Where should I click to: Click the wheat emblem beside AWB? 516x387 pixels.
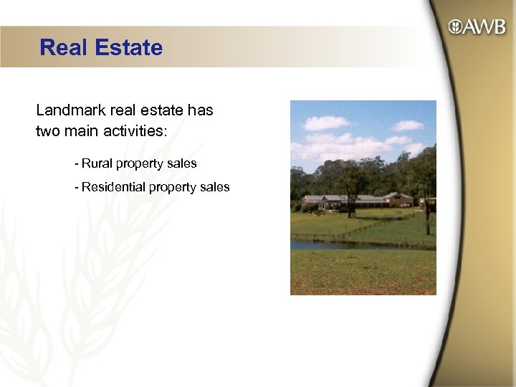455,27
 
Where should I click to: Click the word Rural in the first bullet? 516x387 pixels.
97,163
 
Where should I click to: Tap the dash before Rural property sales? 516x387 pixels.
76,163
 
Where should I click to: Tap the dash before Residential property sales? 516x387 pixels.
76,187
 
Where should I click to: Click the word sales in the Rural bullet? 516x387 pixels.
182,163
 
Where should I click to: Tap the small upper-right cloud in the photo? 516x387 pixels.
408,125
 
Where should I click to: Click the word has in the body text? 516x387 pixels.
200,111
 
